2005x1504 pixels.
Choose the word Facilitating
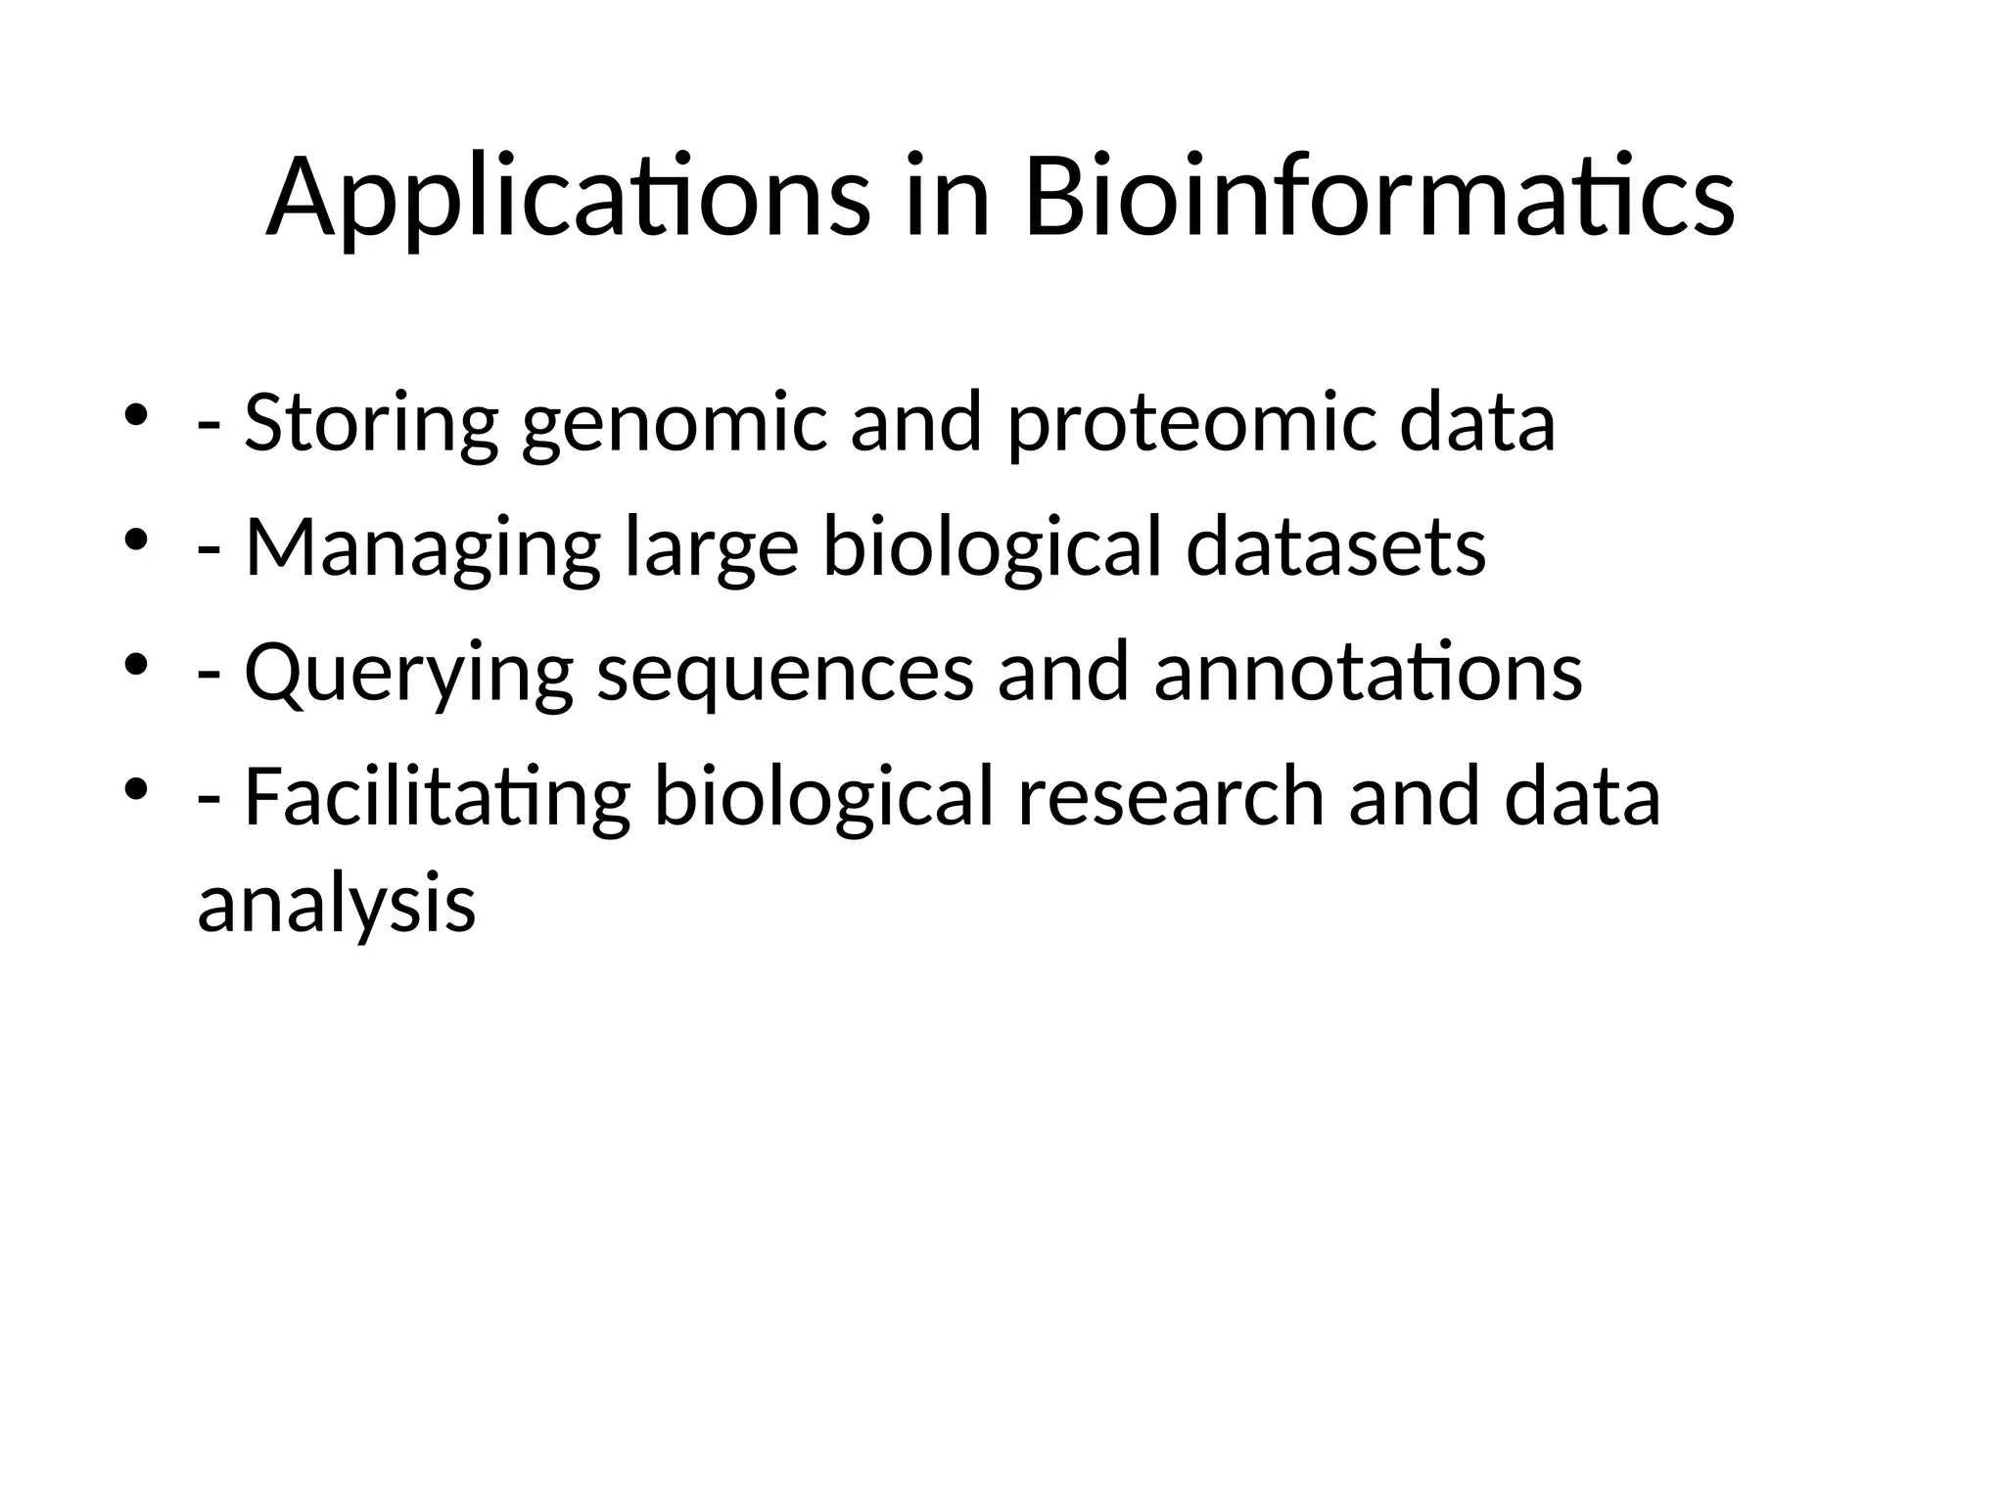click(437, 797)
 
